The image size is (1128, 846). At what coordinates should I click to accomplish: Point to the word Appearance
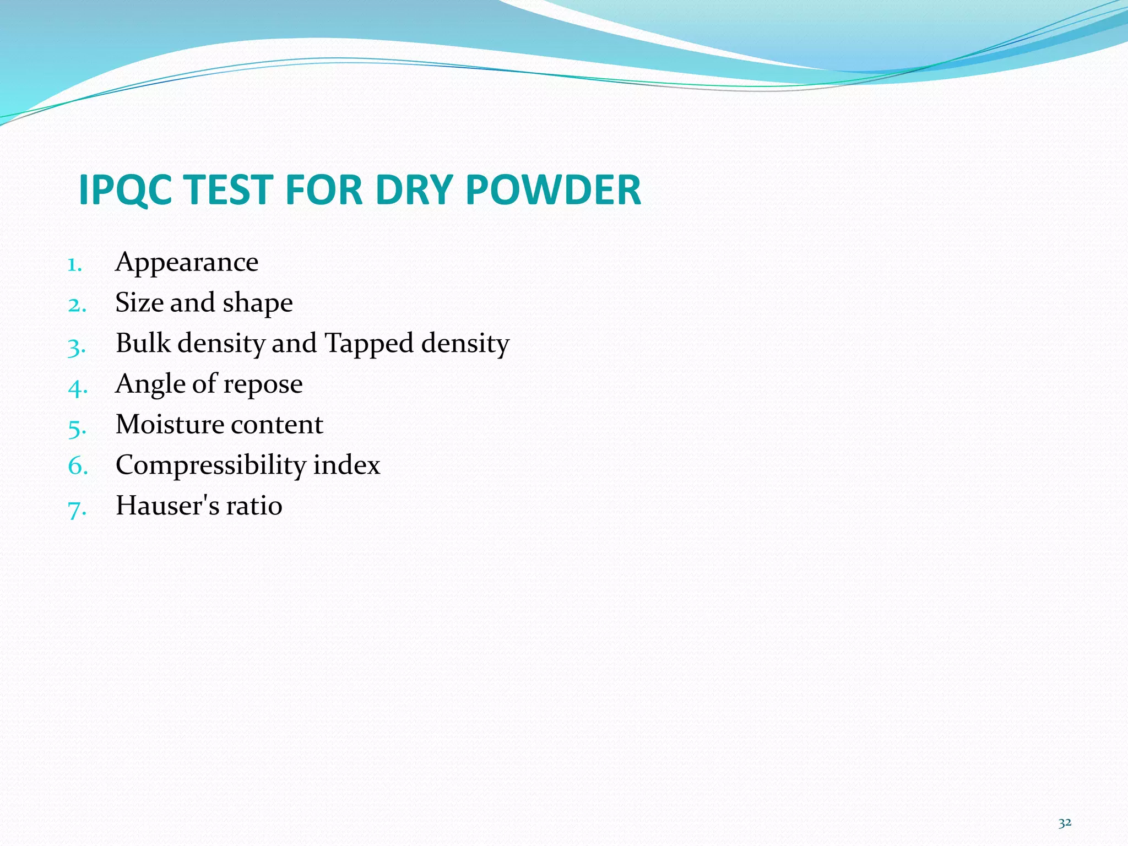tap(187, 263)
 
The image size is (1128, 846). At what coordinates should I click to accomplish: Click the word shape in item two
tap(257, 303)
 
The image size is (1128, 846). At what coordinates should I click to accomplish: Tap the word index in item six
tap(346, 465)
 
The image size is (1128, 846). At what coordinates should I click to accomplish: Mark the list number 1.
tap(74, 265)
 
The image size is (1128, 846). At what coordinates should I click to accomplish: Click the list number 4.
tap(77, 388)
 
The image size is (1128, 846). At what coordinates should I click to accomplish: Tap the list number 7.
tap(77, 509)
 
